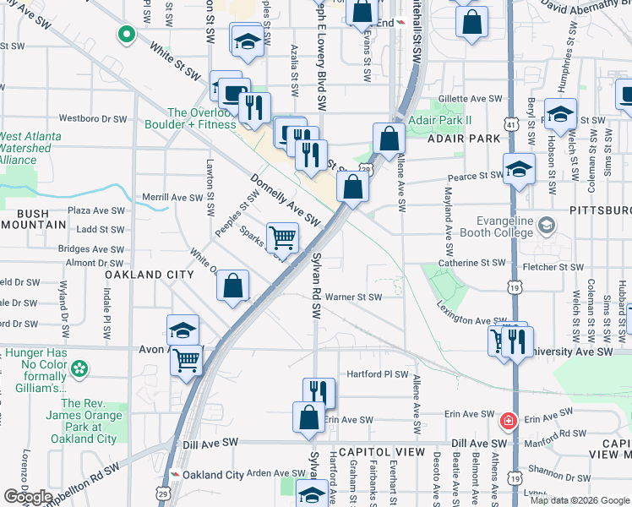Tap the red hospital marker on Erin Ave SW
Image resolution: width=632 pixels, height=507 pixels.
[x=508, y=420]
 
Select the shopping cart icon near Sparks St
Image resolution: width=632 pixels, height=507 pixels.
[x=282, y=237]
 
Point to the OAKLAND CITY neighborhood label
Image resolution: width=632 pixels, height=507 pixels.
[x=150, y=275]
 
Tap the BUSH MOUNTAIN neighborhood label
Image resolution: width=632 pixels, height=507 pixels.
[x=34, y=219]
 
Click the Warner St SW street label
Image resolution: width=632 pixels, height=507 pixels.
[x=354, y=297]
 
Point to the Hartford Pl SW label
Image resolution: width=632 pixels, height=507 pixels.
[x=378, y=373]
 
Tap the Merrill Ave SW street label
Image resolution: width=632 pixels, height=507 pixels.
[x=173, y=198]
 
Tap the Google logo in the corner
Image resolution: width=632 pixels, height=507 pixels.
[x=28, y=496]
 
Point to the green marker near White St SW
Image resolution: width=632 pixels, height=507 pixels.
[x=126, y=35]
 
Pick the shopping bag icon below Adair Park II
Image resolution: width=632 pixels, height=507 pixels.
[x=388, y=139]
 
